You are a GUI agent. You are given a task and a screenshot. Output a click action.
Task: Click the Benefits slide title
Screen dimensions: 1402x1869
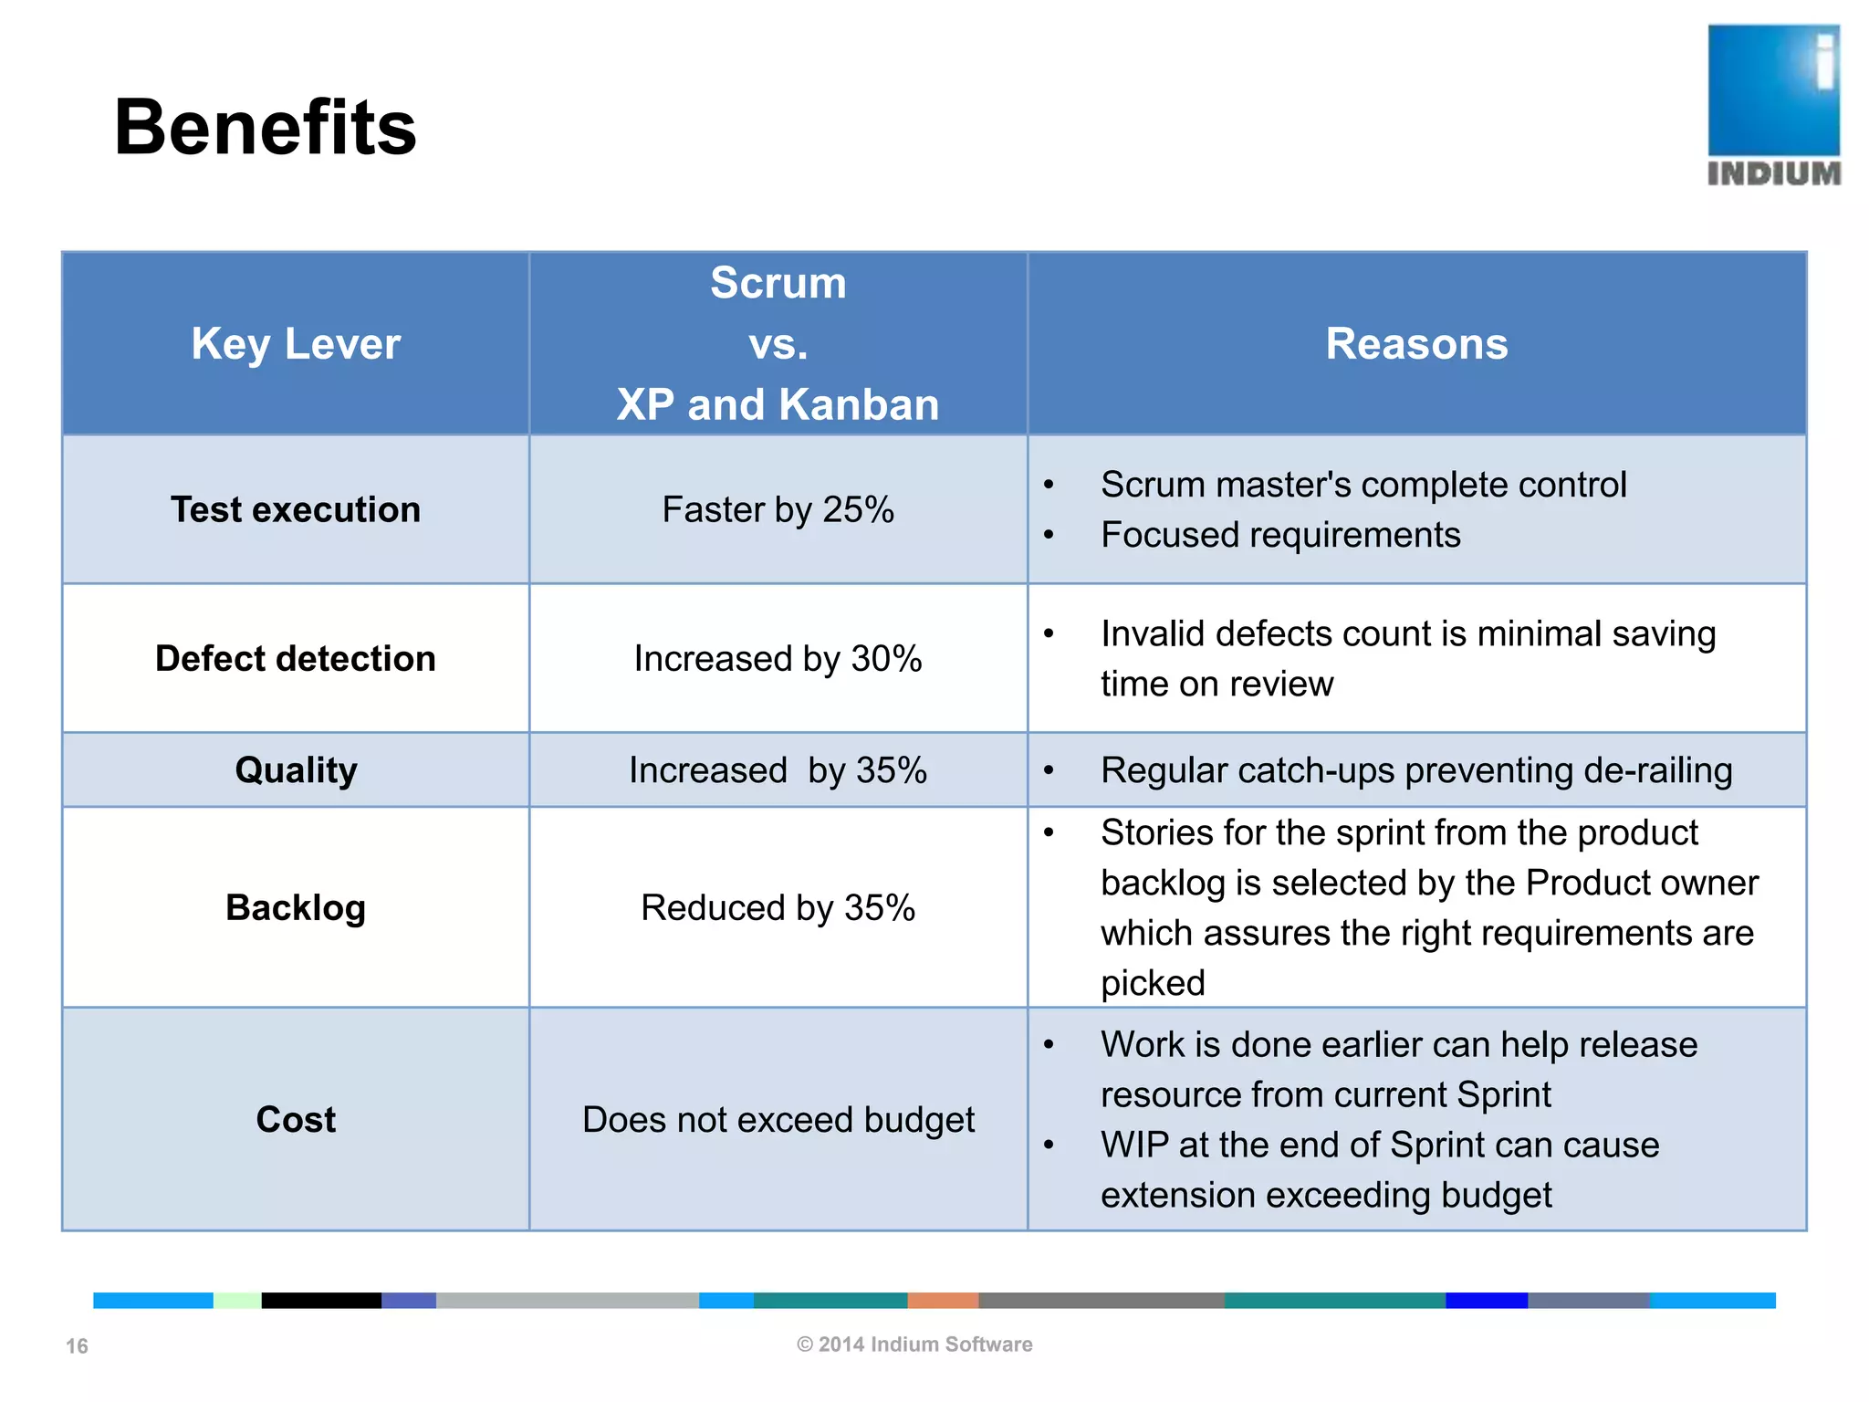tap(265, 128)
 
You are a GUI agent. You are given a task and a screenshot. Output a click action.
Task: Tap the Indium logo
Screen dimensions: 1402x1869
tap(1773, 105)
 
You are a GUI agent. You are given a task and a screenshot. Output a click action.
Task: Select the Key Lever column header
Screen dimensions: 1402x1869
tap(296, 344)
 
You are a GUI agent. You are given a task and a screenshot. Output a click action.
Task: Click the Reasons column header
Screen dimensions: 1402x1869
tap(1416, 344)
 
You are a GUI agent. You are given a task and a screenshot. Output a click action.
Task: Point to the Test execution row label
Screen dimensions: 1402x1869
tap(296, 509)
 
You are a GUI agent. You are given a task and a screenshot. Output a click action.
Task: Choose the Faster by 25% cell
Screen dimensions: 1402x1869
tap(778, 509)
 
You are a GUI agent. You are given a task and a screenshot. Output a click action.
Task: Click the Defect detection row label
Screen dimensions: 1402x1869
tap(296, 658)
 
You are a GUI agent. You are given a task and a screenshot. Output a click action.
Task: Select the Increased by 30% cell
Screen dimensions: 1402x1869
tap(778, 658)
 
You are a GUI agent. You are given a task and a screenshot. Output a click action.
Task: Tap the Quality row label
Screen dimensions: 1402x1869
tap(296, 769)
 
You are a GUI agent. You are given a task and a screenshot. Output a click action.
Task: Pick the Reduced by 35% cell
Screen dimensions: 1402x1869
tap(778, 907)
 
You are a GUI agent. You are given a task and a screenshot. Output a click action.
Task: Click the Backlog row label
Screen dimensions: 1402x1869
tap(296, 907)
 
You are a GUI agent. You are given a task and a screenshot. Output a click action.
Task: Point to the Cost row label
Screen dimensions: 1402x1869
tap(296, 1119)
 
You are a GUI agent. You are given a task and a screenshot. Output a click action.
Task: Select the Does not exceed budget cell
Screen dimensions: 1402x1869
tap(778, 1119)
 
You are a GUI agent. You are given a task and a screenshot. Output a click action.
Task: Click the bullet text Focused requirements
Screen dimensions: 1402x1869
tap(1279, 535)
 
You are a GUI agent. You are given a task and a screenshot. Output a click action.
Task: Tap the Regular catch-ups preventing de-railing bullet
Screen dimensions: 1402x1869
tap(1415, 770)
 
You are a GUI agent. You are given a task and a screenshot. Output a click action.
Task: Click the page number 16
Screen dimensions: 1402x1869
tap(77, 1346)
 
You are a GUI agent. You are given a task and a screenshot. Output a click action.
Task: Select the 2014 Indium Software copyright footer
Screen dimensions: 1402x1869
tap(914, 1344)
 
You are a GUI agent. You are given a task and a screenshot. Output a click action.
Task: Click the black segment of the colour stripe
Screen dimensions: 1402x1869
tap(321, 1301)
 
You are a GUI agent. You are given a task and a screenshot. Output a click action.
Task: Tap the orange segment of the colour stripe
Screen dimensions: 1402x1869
tap(943, 1301)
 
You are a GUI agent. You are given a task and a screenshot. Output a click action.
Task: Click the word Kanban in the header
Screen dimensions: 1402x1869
tap(859, 404)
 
